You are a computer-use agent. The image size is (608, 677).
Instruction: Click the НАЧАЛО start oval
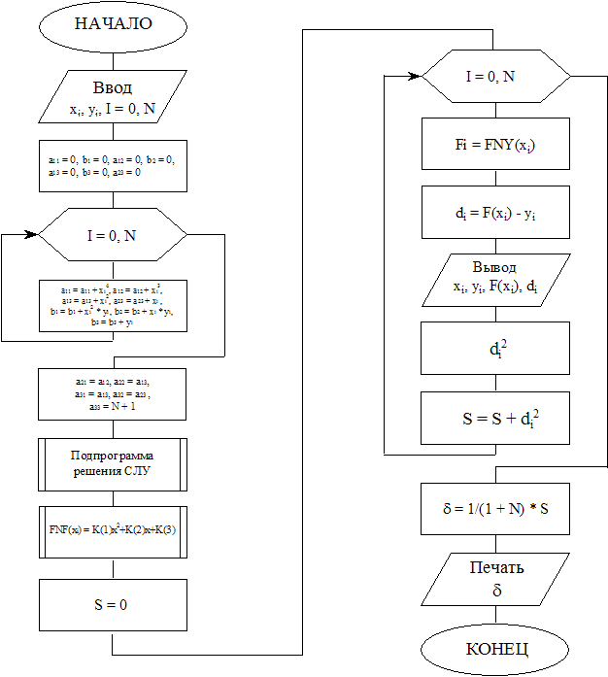click(113, 24)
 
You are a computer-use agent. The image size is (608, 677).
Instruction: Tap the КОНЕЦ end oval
click(495, 649)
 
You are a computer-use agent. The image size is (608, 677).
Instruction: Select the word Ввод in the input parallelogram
click(112, 87)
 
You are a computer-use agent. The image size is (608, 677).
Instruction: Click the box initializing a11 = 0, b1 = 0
click(113, 165)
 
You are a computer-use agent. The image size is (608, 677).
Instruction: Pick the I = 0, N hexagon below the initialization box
click(112, 235)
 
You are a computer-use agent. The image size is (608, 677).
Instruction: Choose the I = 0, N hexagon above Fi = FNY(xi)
click(495, 76)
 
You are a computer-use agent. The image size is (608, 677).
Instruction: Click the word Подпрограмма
click(113, 456)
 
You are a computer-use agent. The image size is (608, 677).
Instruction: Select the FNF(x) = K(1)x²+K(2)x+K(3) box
click(113, 530)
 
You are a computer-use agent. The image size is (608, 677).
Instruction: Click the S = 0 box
click(112, 604)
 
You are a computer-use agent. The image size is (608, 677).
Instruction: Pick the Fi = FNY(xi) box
click(495, 144)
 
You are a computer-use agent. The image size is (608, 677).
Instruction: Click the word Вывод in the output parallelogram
click(494, 267)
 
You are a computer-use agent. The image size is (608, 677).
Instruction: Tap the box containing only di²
click(495, 349)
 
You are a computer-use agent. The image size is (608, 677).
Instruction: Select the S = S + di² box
click(495, 419)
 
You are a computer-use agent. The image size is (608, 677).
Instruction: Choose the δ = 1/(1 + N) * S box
click(495, 508)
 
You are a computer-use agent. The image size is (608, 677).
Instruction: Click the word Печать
click(496, 568)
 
